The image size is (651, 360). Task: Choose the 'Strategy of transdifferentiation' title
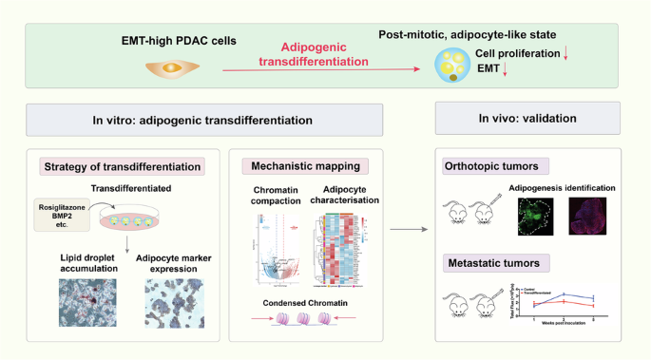coord(124,167)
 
